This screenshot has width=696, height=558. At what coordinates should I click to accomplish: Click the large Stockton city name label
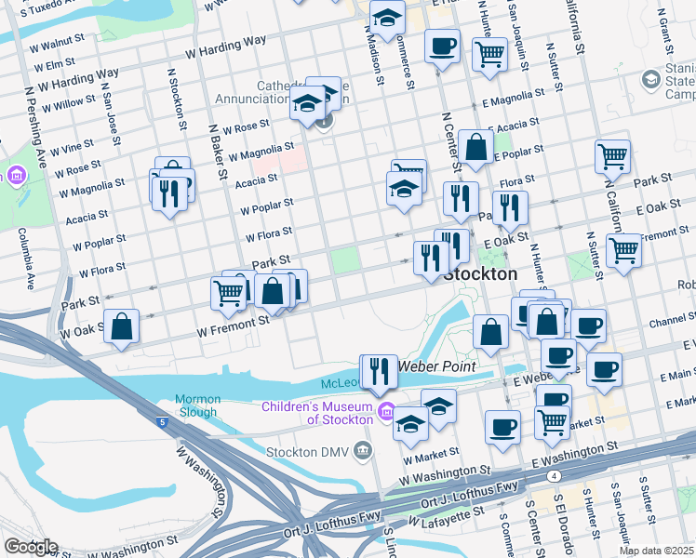[x=480, y=274]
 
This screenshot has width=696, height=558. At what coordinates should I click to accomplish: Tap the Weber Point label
[x=438, y=366]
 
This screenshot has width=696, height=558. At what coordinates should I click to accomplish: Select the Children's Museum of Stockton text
[x=316, y=413]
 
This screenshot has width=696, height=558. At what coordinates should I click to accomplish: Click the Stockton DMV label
[x=307, y=453]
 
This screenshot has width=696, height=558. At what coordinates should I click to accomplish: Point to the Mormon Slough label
[x=196, y=406]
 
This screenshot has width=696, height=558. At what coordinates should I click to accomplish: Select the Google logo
[x=31, y=547]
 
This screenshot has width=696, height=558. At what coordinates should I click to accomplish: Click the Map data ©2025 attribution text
[x=657, y=551]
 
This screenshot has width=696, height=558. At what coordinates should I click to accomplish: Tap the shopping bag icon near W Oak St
[x=122, y=326]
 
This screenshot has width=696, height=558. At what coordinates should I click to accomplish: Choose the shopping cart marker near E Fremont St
[x=623, y=250]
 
